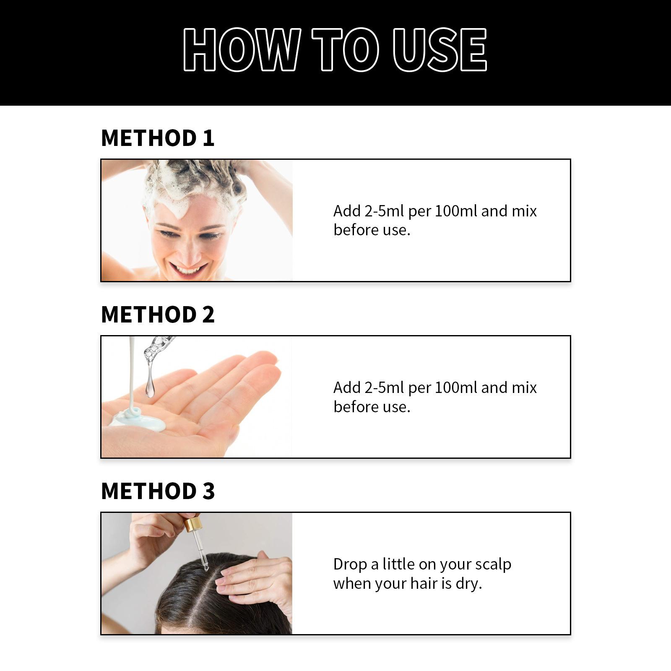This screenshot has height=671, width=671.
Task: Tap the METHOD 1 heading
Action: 158,138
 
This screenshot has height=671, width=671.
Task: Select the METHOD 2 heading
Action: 158,315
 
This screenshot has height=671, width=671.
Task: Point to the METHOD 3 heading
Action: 158,491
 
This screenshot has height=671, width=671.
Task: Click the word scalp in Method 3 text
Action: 493,564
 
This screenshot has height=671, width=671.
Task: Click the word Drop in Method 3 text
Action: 350,564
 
